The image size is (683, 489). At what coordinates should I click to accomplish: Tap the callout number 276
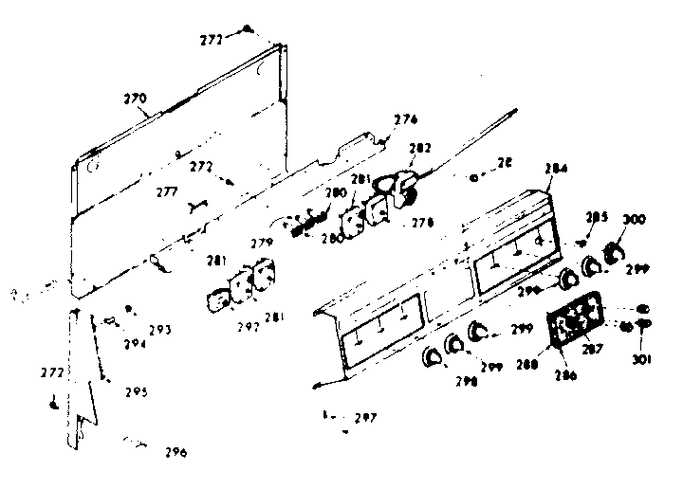click(405, 119)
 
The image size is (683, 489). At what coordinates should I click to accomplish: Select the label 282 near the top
click(419, 149)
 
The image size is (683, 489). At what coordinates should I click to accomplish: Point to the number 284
click(557, 169)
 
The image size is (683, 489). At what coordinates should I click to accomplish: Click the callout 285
click(598, 216)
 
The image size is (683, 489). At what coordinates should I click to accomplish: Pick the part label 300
click(634, 220)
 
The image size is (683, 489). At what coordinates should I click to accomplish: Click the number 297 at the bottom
click(364, 418)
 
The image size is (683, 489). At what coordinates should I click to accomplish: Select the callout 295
click(136, 392)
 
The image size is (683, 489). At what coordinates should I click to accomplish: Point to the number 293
click(159, 330)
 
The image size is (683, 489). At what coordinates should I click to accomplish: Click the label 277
click(168, 191)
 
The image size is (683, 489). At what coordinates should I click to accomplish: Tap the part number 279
click(262, 244)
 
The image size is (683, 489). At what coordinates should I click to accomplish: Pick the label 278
click(424, 223)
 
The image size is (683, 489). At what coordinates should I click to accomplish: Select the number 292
click(249, 328)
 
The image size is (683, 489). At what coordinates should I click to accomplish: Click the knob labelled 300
click(612, 252)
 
